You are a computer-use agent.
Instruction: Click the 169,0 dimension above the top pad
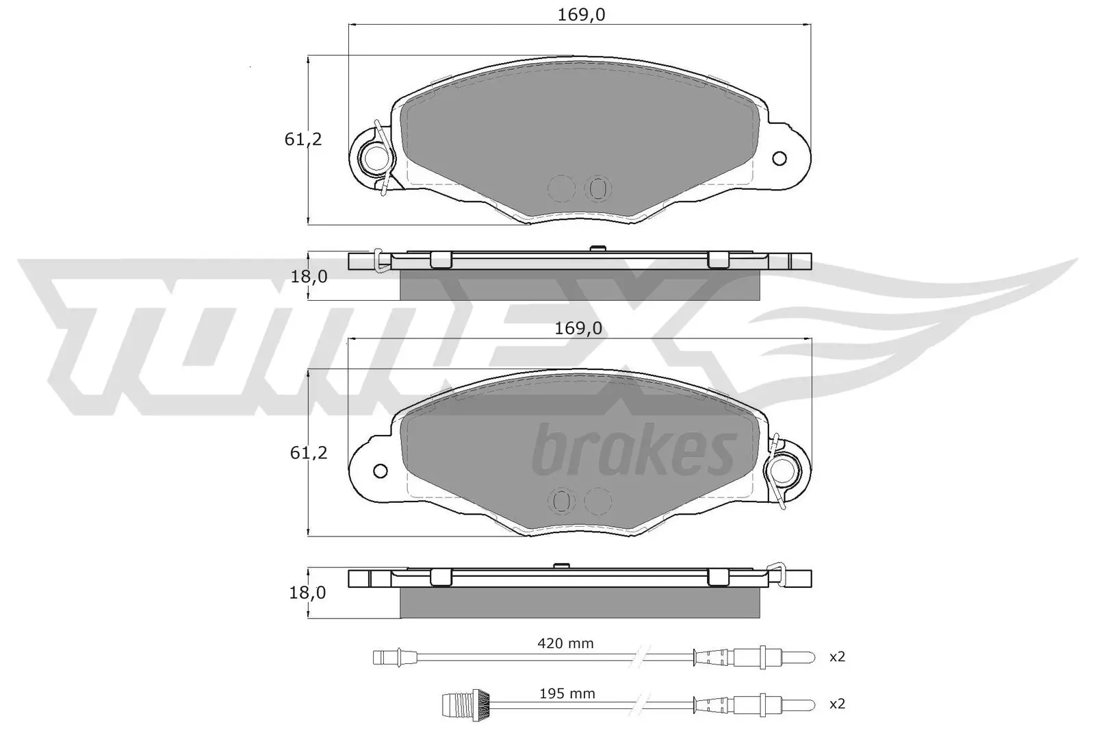[581, 14]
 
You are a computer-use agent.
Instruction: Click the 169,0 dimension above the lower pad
[578, 328]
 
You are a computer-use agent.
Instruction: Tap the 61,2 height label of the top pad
[302, 139]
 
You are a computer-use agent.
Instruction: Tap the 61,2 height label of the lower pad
[309, 453]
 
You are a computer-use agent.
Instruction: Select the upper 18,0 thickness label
[308, 276]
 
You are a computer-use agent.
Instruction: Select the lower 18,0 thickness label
[308, 592]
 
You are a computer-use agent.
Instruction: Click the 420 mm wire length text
[565, 643]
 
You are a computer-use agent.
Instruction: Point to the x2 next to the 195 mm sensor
[837, 704]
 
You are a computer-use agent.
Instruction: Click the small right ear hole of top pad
[779, 159]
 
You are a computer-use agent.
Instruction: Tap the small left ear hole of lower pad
[381, 471]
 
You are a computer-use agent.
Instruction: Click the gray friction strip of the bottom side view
[578, 604]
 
